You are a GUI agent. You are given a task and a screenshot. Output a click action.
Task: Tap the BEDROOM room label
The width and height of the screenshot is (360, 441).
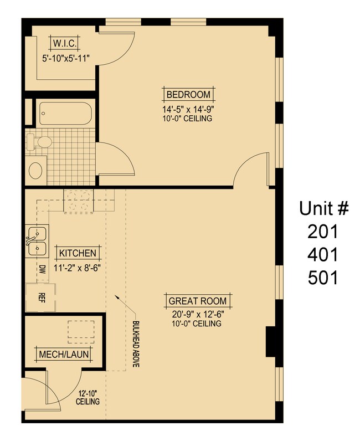(x=188, y=94)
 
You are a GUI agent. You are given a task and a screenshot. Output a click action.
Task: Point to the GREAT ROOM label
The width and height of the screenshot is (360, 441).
(x=198, y=301)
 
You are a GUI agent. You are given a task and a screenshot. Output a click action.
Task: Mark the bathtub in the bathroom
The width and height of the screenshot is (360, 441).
(x=65, y=113)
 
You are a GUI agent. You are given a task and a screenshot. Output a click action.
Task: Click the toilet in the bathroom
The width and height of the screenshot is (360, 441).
(x=40, y=143)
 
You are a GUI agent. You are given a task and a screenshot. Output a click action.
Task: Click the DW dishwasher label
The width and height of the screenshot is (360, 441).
(x=43, y=270)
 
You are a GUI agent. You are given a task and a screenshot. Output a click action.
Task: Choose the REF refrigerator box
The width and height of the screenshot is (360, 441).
(x=41, y=296)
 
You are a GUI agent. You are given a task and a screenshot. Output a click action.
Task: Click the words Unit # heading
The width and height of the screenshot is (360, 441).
(x=324, y=208)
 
